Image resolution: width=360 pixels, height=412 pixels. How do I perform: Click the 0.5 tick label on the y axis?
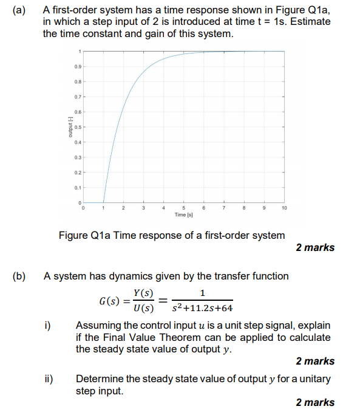coord(77,127)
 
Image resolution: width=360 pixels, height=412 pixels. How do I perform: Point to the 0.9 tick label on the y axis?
coord(77,66)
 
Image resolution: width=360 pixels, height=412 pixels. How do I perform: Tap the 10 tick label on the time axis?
coord(284,209)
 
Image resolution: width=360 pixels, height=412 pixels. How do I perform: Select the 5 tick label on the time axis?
coord(184,209)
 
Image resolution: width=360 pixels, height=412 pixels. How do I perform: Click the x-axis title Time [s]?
coord(184,215)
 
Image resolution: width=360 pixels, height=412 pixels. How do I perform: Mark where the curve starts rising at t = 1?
coord(104,202)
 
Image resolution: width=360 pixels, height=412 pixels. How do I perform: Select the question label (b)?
coord(21,276)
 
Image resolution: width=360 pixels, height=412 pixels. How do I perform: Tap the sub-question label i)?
coord(48,326)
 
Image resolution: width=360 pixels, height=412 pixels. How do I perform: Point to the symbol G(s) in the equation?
coord(110,301)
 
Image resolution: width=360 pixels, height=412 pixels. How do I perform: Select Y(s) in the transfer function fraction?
coord(143,294)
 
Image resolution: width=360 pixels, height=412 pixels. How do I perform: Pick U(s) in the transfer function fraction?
coord(143,307)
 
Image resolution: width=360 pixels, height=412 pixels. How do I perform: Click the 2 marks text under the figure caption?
coord(315,247)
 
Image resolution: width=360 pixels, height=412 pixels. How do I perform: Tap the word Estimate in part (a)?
coord(309,22)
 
